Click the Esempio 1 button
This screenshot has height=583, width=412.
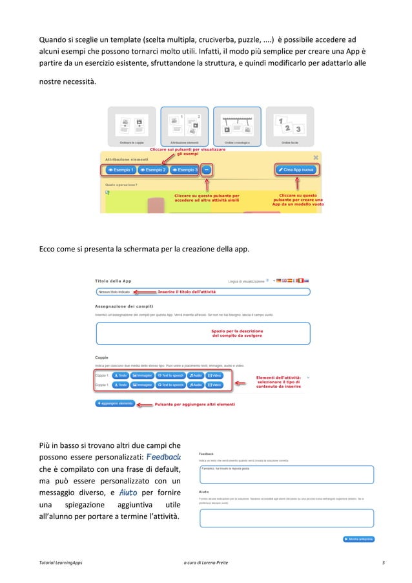point(121,170)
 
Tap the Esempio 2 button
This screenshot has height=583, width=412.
point(152,170)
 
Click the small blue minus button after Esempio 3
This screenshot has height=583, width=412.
point(206,170)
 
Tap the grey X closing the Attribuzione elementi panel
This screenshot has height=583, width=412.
point(315,157)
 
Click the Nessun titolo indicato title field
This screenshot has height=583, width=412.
point(123,292)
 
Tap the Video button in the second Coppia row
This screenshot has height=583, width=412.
point(214,385)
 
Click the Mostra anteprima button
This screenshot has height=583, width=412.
point(358,539)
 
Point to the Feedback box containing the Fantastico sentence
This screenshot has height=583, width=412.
point(286,474)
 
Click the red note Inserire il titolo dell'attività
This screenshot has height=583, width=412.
point(187,292)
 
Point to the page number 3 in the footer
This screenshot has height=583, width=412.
point(384,563)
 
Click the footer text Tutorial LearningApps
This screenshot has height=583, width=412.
point(62,563)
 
